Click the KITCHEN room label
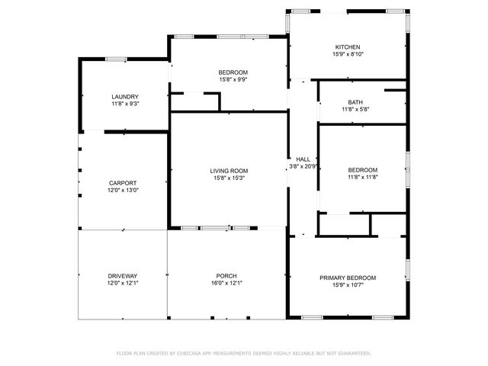click(x=348, y=47)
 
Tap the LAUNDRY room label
click(x=125, y=97)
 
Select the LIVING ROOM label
click(x=229, y=171)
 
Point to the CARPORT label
click(x=123, y=183)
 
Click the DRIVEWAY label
click(x=123, y=276)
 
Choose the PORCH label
click(x=226, y=276)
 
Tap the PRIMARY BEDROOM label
click(x=348, y=278)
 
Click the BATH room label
click(x=355, y=102)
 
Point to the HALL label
click(x=303, y=159)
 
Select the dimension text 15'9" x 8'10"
click(x=348, y=54)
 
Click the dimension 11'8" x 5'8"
click(x=355, y=109)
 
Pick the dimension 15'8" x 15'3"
click(x=229, y=178)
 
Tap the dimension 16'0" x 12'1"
click(x=226, y=283)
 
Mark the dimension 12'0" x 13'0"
click(x=123, y=190)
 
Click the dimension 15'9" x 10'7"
click(x=348, y=285)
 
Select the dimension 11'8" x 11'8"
click(x=363, y=177)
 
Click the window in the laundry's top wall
click(x=116, y=59)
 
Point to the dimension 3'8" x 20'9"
click(x=303, y=166)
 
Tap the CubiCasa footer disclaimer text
click(x=244, y=353)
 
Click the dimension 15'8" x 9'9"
click(x=233, y=79)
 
